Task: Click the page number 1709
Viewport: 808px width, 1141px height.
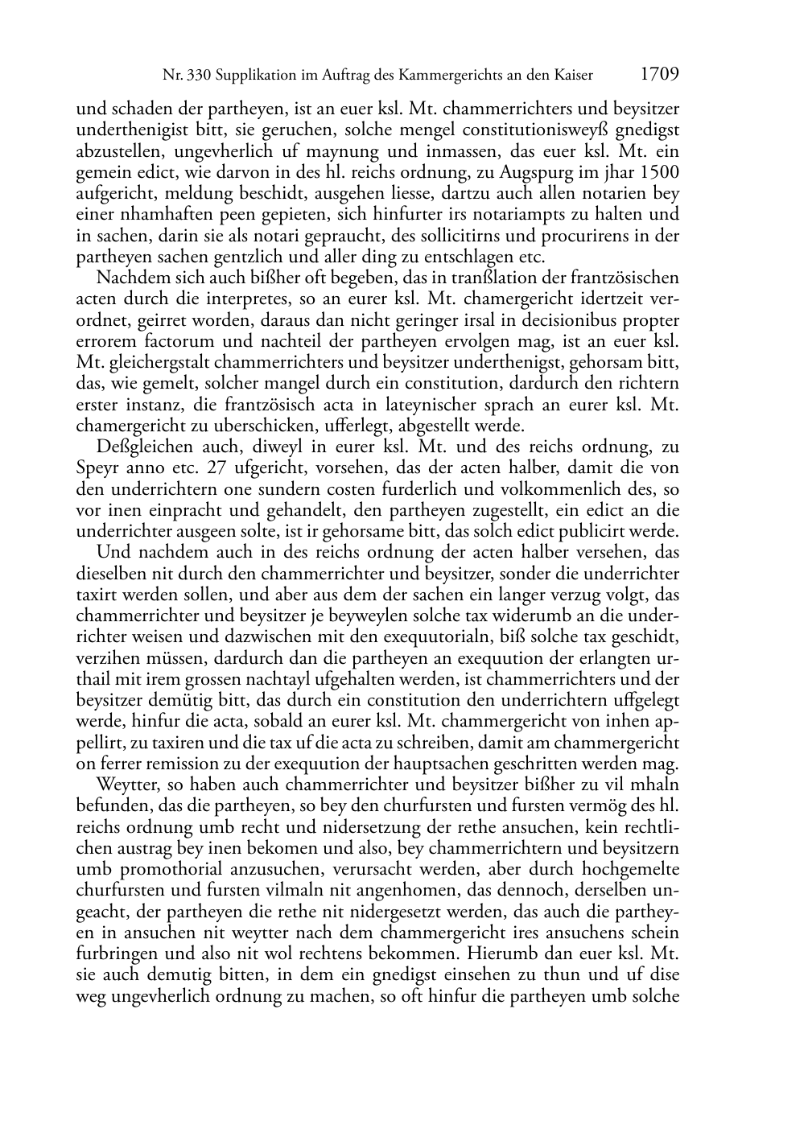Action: tap(660, 75)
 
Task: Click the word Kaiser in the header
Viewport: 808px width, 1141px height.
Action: tap(573, 76)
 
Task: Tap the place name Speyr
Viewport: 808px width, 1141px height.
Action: tap(97, 468)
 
